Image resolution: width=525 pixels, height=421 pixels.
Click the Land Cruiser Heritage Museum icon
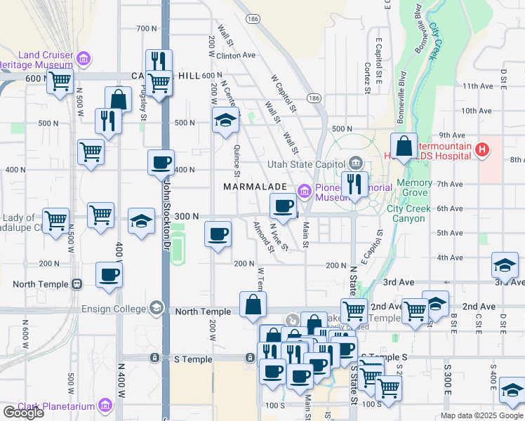tap(84, 58)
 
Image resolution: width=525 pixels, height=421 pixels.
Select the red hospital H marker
tap(481, 149)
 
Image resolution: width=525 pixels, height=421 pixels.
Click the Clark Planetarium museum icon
tap(105, 405)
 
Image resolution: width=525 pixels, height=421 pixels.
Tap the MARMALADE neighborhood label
tap(255, 187)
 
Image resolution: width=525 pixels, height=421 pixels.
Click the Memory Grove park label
tap(414, 187)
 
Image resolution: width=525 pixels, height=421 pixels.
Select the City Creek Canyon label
tap(415, 213)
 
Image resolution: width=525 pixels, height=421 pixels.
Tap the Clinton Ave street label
tap(237, 55)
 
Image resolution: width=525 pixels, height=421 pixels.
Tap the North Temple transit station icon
tap(77, 284)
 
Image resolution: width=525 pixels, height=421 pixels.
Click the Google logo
tap(23, 413)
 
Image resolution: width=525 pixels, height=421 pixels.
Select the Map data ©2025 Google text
tap(481, 416)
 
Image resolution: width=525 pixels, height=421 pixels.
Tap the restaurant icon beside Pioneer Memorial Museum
tap(354, 184)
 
